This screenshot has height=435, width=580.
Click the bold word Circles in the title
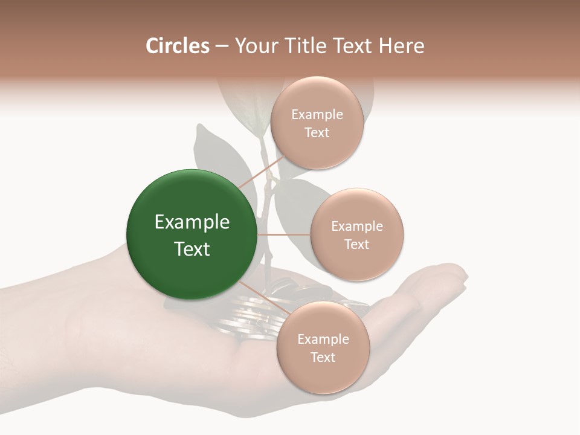(177, 46)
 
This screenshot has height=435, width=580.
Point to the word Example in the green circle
(192, 222)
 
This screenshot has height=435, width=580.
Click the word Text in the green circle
(192, 249)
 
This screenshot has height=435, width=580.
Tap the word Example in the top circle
(317, 115)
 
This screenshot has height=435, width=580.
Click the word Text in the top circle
(317, 133)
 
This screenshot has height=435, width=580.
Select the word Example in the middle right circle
(357, 227)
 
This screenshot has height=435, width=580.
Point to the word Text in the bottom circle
(323, 358)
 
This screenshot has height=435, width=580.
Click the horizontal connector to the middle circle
(284, 234)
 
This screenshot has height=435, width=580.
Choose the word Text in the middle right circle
(356, 245)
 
